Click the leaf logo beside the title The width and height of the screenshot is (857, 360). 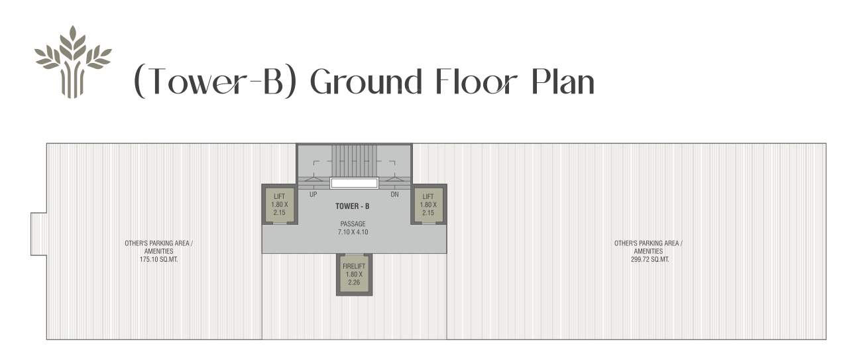[x=72, y=61]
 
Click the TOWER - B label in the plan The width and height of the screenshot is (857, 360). [x=353, y=207]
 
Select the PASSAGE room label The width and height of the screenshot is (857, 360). [x=353, y=224]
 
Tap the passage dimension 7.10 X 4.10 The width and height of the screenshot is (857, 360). [x=353, y=232]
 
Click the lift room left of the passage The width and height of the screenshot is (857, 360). [x=278, y=204]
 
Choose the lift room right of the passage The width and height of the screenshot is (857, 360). [x=428, y=204]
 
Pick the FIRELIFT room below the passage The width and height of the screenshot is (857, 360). [x=353, y=274]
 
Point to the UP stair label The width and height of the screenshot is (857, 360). [x=313, y=195]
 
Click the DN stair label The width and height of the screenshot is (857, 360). [x=394, y=195]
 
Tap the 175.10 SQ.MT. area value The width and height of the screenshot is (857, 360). [x=159, y=260]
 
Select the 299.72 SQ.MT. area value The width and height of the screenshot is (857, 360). [x=648, y=260]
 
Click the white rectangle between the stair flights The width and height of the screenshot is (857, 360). [x=354, y=183]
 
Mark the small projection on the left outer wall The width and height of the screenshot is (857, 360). [x=38, y=233]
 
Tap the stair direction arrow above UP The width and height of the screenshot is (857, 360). [x=313, y=179]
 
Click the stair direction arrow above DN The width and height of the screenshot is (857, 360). [x=394, y=179]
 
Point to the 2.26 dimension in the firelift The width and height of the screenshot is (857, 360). [x=353, y=282]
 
